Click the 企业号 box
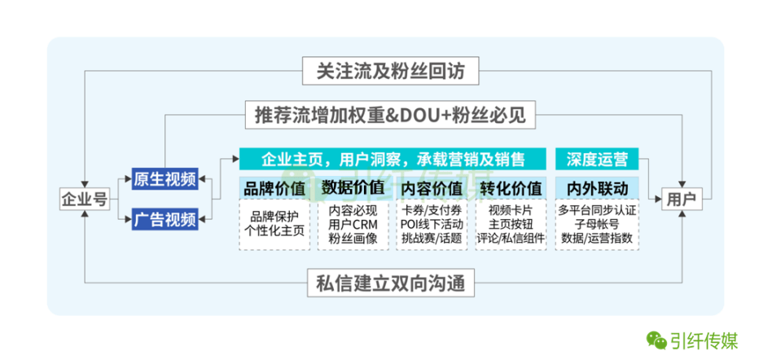pyautogui.click(x=84, y=199)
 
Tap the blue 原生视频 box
pyautogui.click(x=164, y=178)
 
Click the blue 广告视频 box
pyautogui.click(x=164, y=218)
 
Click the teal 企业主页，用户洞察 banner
pyautogui.click(x=392, y=158)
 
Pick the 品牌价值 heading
pyautogui.click(x=274, y=188)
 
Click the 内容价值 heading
pyautogui.click(x=432, y=188)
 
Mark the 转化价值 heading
pyautogui.click(x=511, y=188)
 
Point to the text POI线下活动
pyautogui.click(x=432, y=224)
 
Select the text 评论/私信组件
pyautogui.click(x=511, y=239)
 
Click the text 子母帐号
pyautogui.click(x=597, y=224)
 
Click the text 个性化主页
pyautogui.click(x=274, y=231)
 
